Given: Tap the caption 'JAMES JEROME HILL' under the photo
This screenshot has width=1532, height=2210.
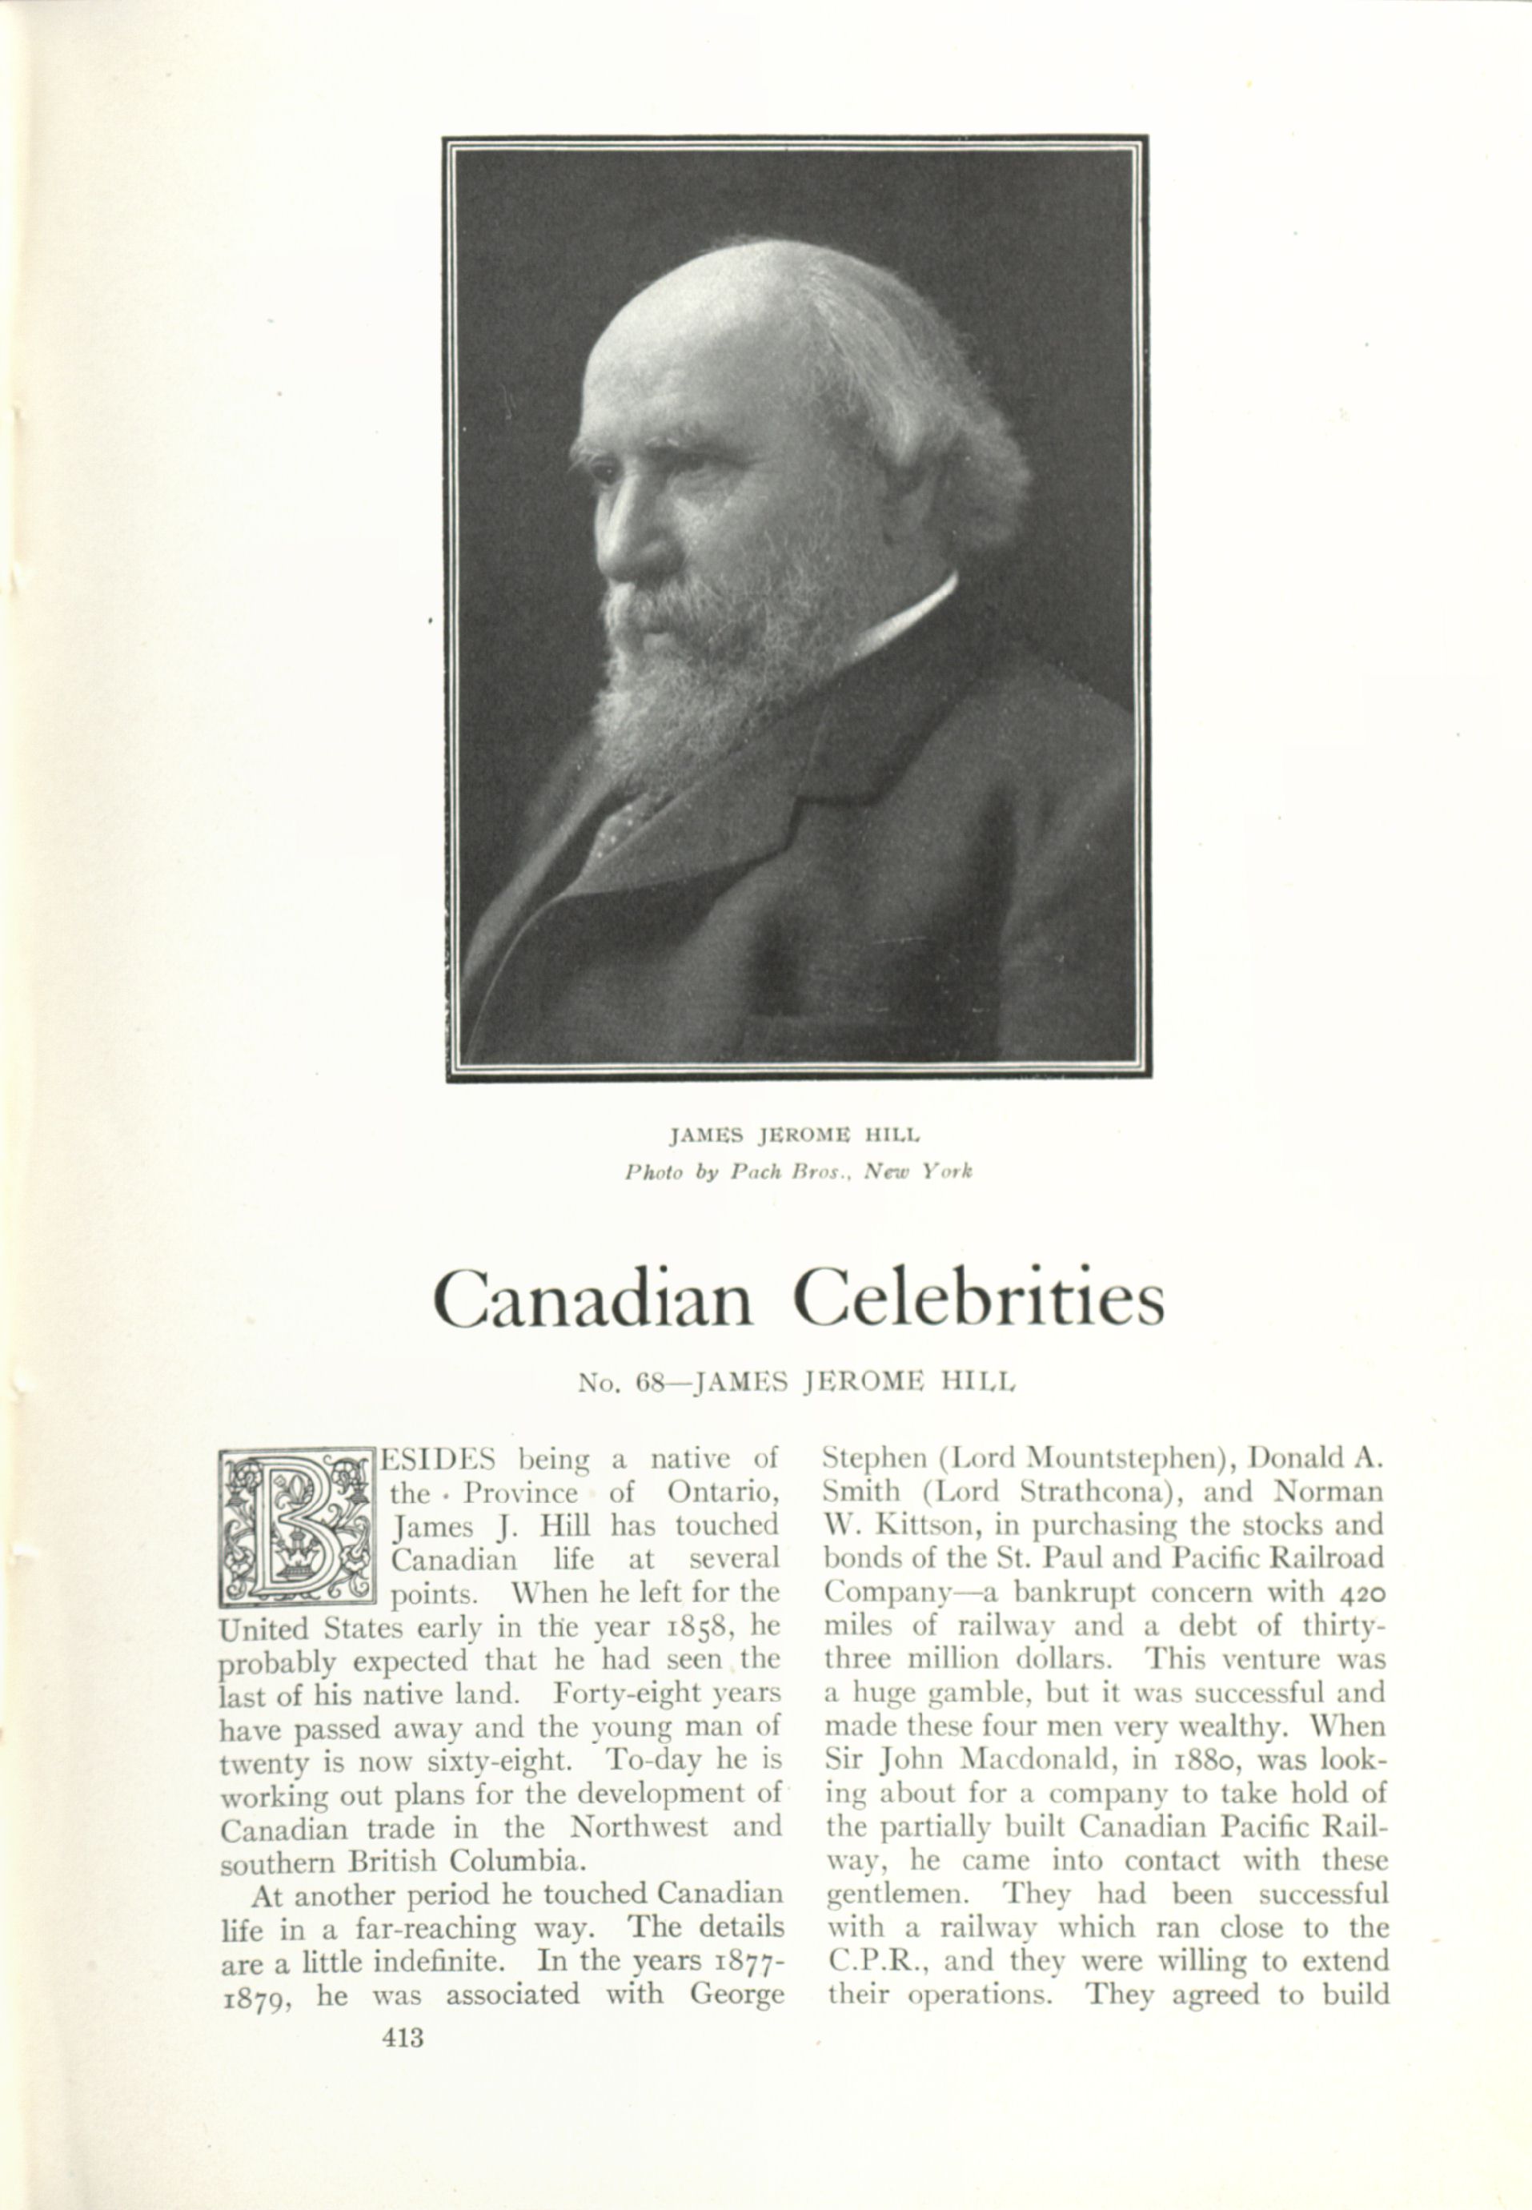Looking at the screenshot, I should tap(795, 1135).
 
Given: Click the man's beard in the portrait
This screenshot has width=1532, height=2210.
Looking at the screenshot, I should tap(672, 691).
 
